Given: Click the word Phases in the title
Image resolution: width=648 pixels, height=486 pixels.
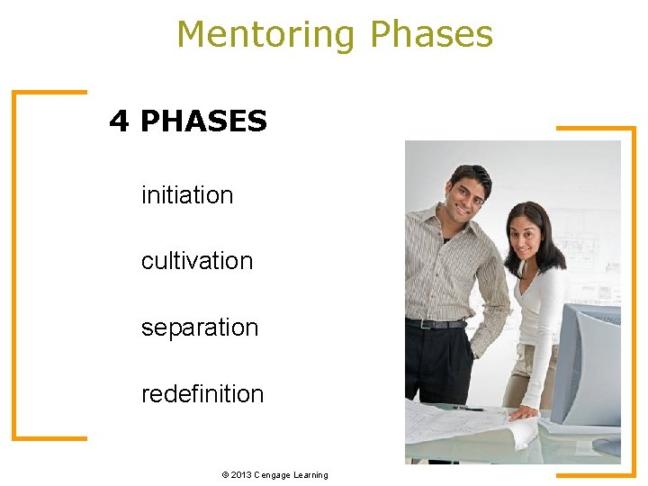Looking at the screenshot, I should coord(432,35).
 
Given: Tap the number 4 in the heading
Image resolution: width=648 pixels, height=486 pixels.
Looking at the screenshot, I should coord(119,121).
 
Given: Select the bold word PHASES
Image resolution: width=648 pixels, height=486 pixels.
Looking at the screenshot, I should coord(203,121).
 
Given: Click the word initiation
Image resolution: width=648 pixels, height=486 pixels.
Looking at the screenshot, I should coord(187,194).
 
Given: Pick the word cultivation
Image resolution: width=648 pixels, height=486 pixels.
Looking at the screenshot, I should coord(197,261).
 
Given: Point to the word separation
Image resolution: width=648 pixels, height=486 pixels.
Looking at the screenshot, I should coord(200,328).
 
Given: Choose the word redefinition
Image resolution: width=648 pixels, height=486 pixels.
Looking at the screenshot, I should coord(202,394).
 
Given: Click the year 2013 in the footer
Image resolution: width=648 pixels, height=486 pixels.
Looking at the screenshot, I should coord(240,474).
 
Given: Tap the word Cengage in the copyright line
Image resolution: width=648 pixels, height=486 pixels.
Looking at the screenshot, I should coord(272,474).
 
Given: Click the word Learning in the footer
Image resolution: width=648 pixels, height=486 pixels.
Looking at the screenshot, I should coord(310,474).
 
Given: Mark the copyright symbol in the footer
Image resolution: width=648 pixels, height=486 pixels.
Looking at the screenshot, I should coord(223,474).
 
